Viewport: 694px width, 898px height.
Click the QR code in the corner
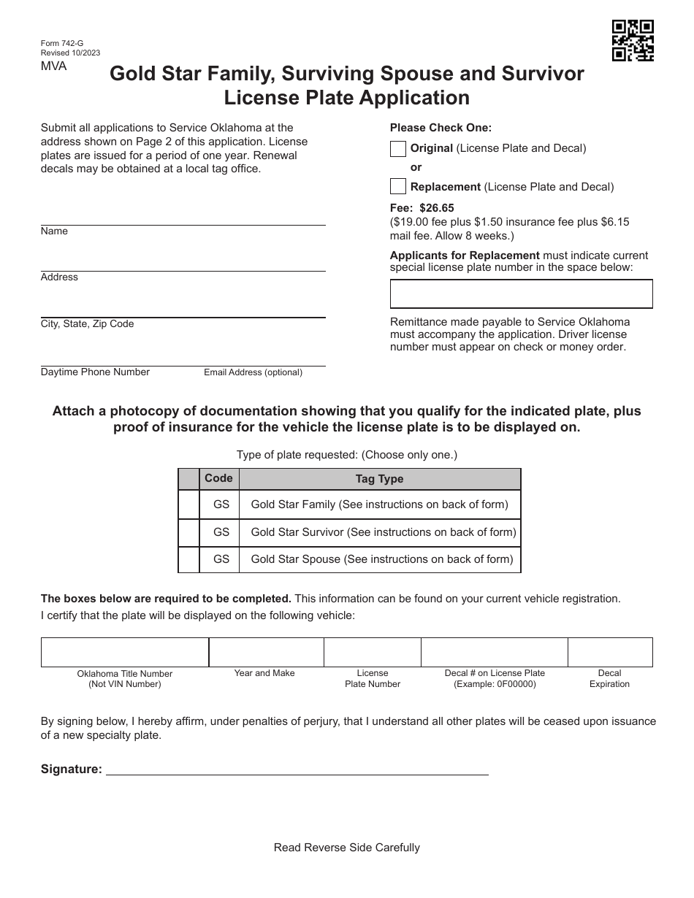click(633, 40)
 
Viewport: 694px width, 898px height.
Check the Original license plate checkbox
click(398, 149)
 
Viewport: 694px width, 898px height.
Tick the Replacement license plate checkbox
click(398, 187)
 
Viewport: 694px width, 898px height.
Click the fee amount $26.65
click(436, 208)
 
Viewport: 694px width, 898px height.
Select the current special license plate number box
click(521, 293)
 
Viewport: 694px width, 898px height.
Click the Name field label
click(54, 231)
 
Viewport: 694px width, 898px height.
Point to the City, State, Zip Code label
click(87, 324)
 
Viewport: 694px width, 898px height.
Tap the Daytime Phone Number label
click(95, 372)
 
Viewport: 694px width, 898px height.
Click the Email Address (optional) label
click(253, 372)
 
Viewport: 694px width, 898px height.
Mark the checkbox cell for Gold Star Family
click(189, 504)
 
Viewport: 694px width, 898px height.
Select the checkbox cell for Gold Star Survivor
click(189, 532)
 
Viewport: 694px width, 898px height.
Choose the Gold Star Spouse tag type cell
click(381, 560)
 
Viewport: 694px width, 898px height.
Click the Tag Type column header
click(379, 479)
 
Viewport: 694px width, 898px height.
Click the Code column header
click(218, 478)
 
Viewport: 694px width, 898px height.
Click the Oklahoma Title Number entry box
click(125, 652)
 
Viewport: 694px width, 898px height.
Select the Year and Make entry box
click(266, 652)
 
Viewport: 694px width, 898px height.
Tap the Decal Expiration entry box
click(610, 652)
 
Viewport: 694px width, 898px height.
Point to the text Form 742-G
click(62, 44)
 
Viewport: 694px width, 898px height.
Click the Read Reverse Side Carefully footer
click(346, 848)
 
